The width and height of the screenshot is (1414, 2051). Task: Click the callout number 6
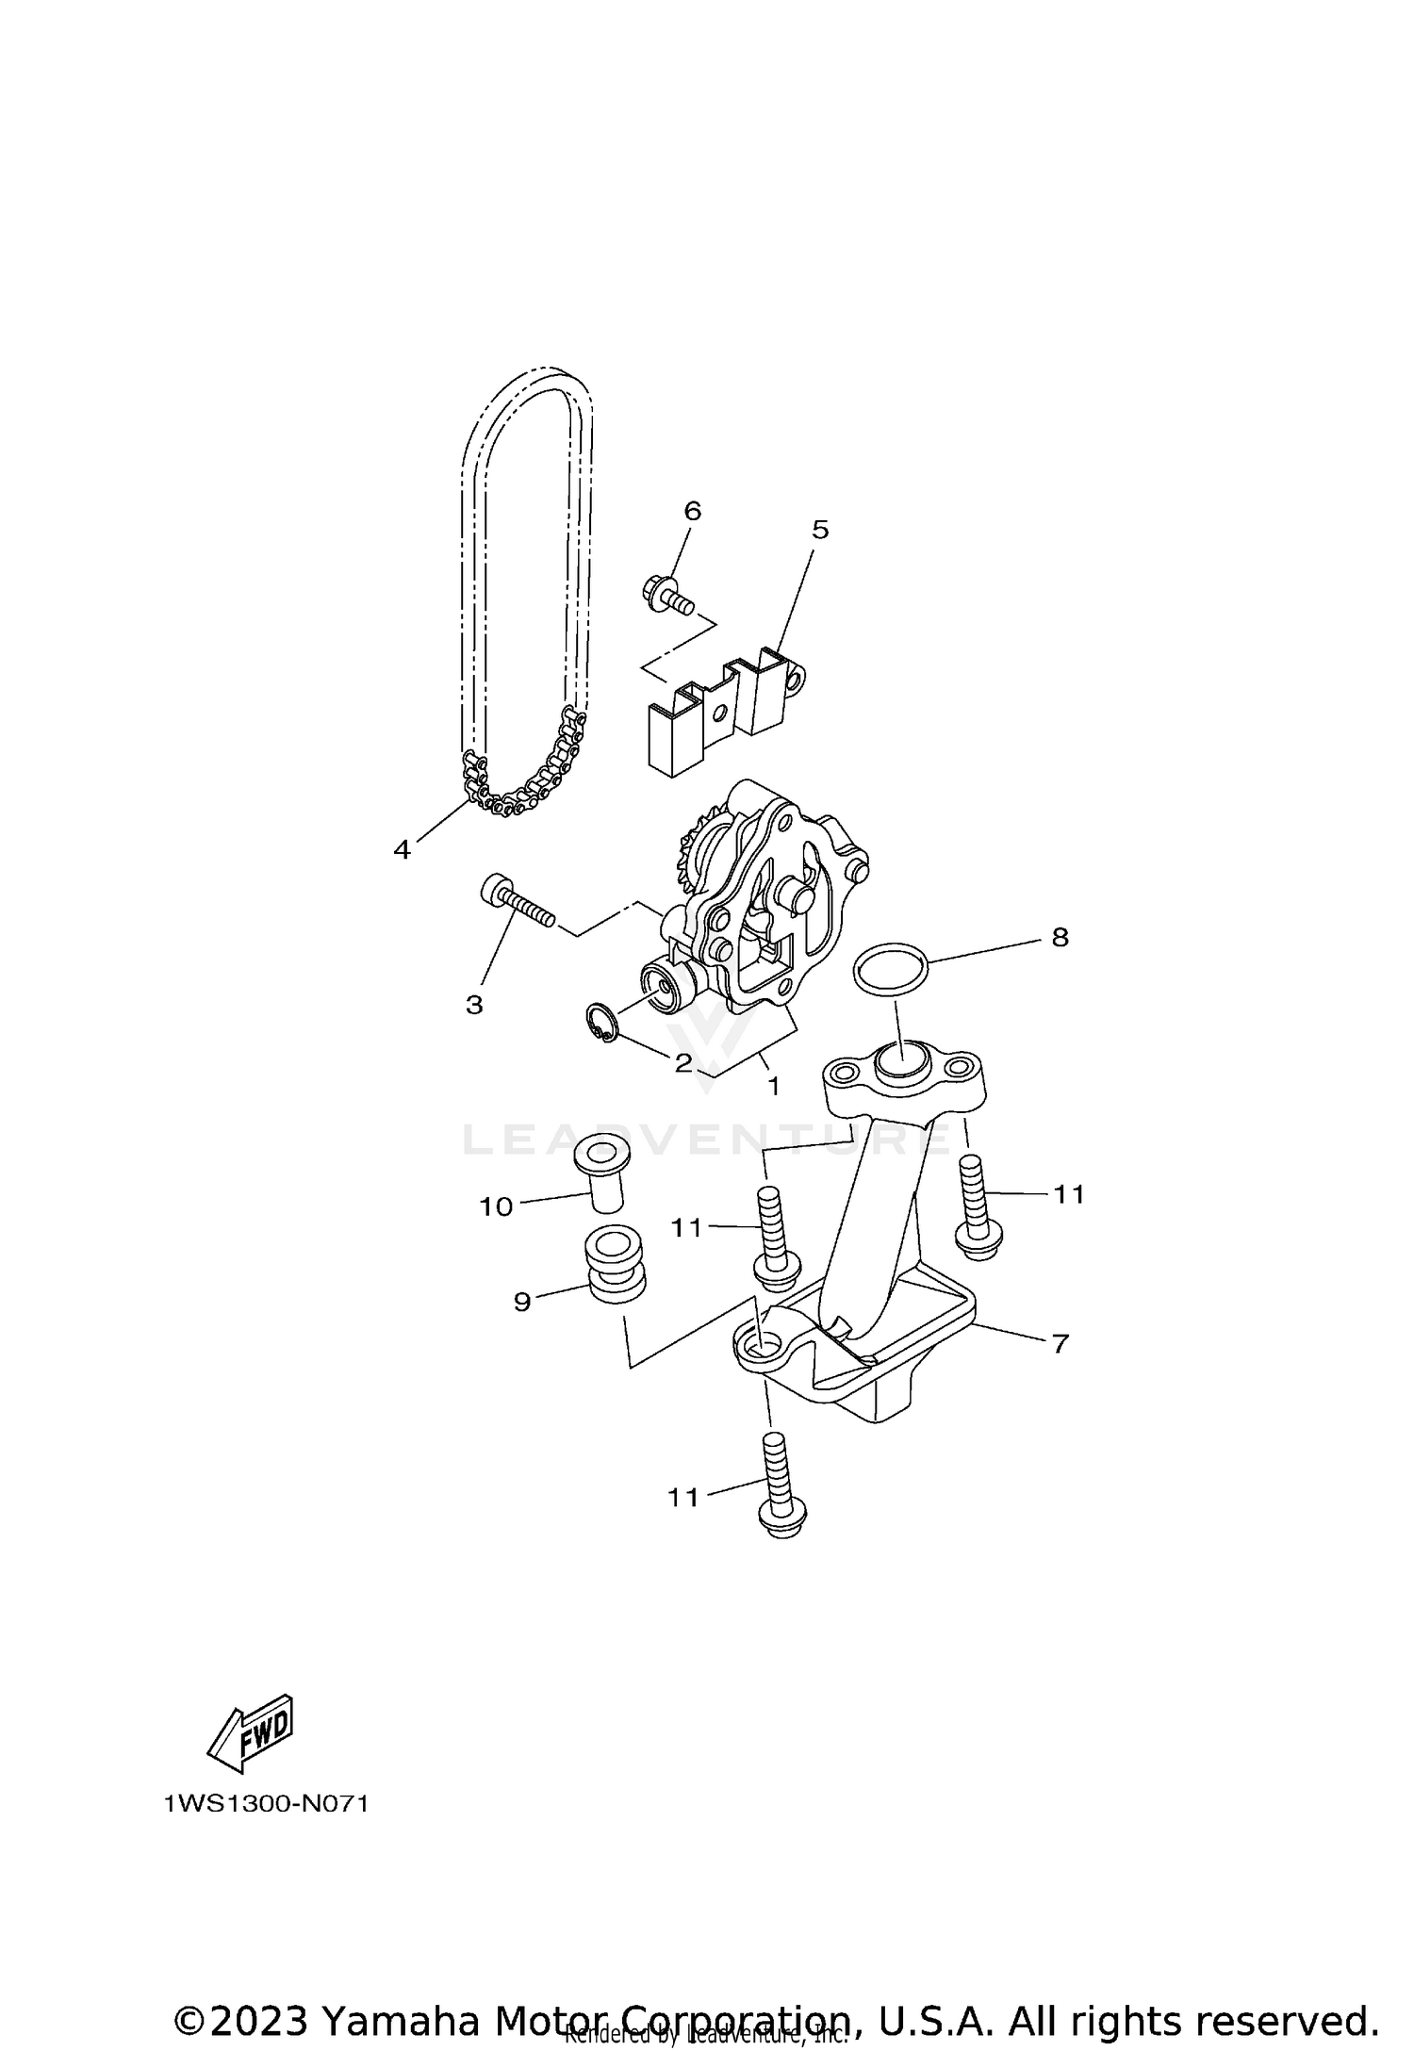point(692,511)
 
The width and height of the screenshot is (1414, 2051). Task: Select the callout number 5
point(820,530)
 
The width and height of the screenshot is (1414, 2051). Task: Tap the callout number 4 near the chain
point(403,850)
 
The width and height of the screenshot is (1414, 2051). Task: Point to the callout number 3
point(474,1005)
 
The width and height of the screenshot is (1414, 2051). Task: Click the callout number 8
point(1060,938)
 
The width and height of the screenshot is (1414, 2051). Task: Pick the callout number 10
point(496,1206)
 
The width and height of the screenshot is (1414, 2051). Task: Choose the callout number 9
point(522,1302)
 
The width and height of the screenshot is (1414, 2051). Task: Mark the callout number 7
point(1060,1344)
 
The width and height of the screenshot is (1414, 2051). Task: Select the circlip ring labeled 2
point(599,1025)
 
